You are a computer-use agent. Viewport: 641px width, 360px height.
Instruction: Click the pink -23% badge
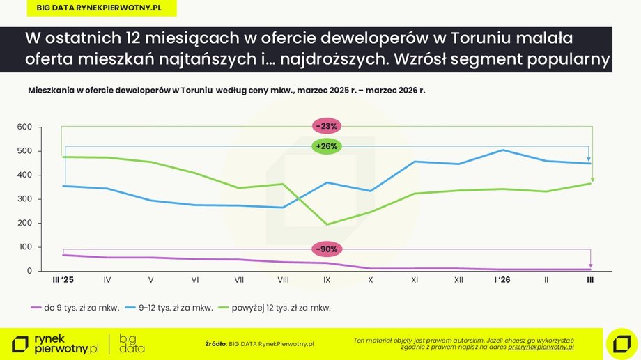(326, 126)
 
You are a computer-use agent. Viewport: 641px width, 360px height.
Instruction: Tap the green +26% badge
(326, 146)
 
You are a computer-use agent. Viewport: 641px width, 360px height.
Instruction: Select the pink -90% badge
(326, 249)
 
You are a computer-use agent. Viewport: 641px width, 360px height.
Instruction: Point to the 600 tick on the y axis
(24, 127)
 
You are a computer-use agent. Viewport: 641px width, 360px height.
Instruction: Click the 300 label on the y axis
(24, 199)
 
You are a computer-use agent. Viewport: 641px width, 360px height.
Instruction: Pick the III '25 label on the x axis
(63, 280)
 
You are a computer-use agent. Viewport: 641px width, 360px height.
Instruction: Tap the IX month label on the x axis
(327, 280)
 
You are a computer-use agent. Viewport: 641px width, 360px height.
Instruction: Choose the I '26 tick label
(502, 280)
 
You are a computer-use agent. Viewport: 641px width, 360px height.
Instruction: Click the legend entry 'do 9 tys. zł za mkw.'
(75, 307)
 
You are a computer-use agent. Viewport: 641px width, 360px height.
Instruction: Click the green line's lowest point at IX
(327, 224)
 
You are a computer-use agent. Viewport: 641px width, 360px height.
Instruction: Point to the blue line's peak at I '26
(503, 150)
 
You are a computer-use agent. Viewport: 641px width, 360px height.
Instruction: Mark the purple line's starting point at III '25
(63, 255)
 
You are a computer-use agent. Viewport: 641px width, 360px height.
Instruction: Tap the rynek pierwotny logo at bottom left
(56, 343)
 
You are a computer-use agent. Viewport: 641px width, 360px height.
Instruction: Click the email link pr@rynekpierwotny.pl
(541, 346)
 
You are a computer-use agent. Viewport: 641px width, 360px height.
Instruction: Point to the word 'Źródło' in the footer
(215, 343)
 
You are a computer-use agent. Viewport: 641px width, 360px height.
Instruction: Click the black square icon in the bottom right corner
(621, 343)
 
